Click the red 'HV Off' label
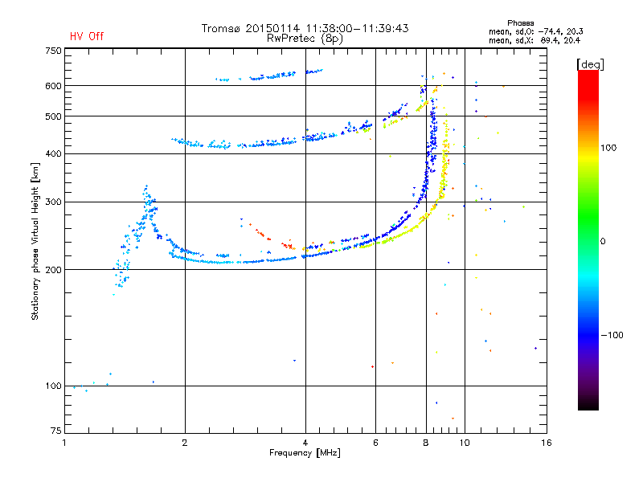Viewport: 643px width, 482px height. pyautogui.click(x=87, y=36)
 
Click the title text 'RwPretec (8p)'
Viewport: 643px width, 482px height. pyautogui.click(x=305, y=38)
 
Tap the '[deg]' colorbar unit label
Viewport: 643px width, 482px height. pyautogui.click(x=591, y=63)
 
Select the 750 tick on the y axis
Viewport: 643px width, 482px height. pyautogui.click(x=54, y=51)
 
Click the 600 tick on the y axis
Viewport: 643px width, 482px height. pyautogui.click(x=54, y=86)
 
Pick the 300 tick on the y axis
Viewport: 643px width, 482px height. pyautogui.click(x=54, y=202)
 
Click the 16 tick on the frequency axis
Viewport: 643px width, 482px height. pyautogui.click(x=546, y=443)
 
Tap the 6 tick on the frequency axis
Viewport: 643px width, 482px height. pyautogui.click(x=375, y=443)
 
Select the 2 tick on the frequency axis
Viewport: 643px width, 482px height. pyautogui.click(x=185, y=443)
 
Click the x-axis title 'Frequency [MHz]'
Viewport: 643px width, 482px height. pyautogui.click(x=305, y=454)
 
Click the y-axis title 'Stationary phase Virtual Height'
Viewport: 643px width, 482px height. pyautogui.click(x=35, y=241)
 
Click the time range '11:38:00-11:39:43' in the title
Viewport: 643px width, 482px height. pyautogui.click(x=350, y=28)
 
